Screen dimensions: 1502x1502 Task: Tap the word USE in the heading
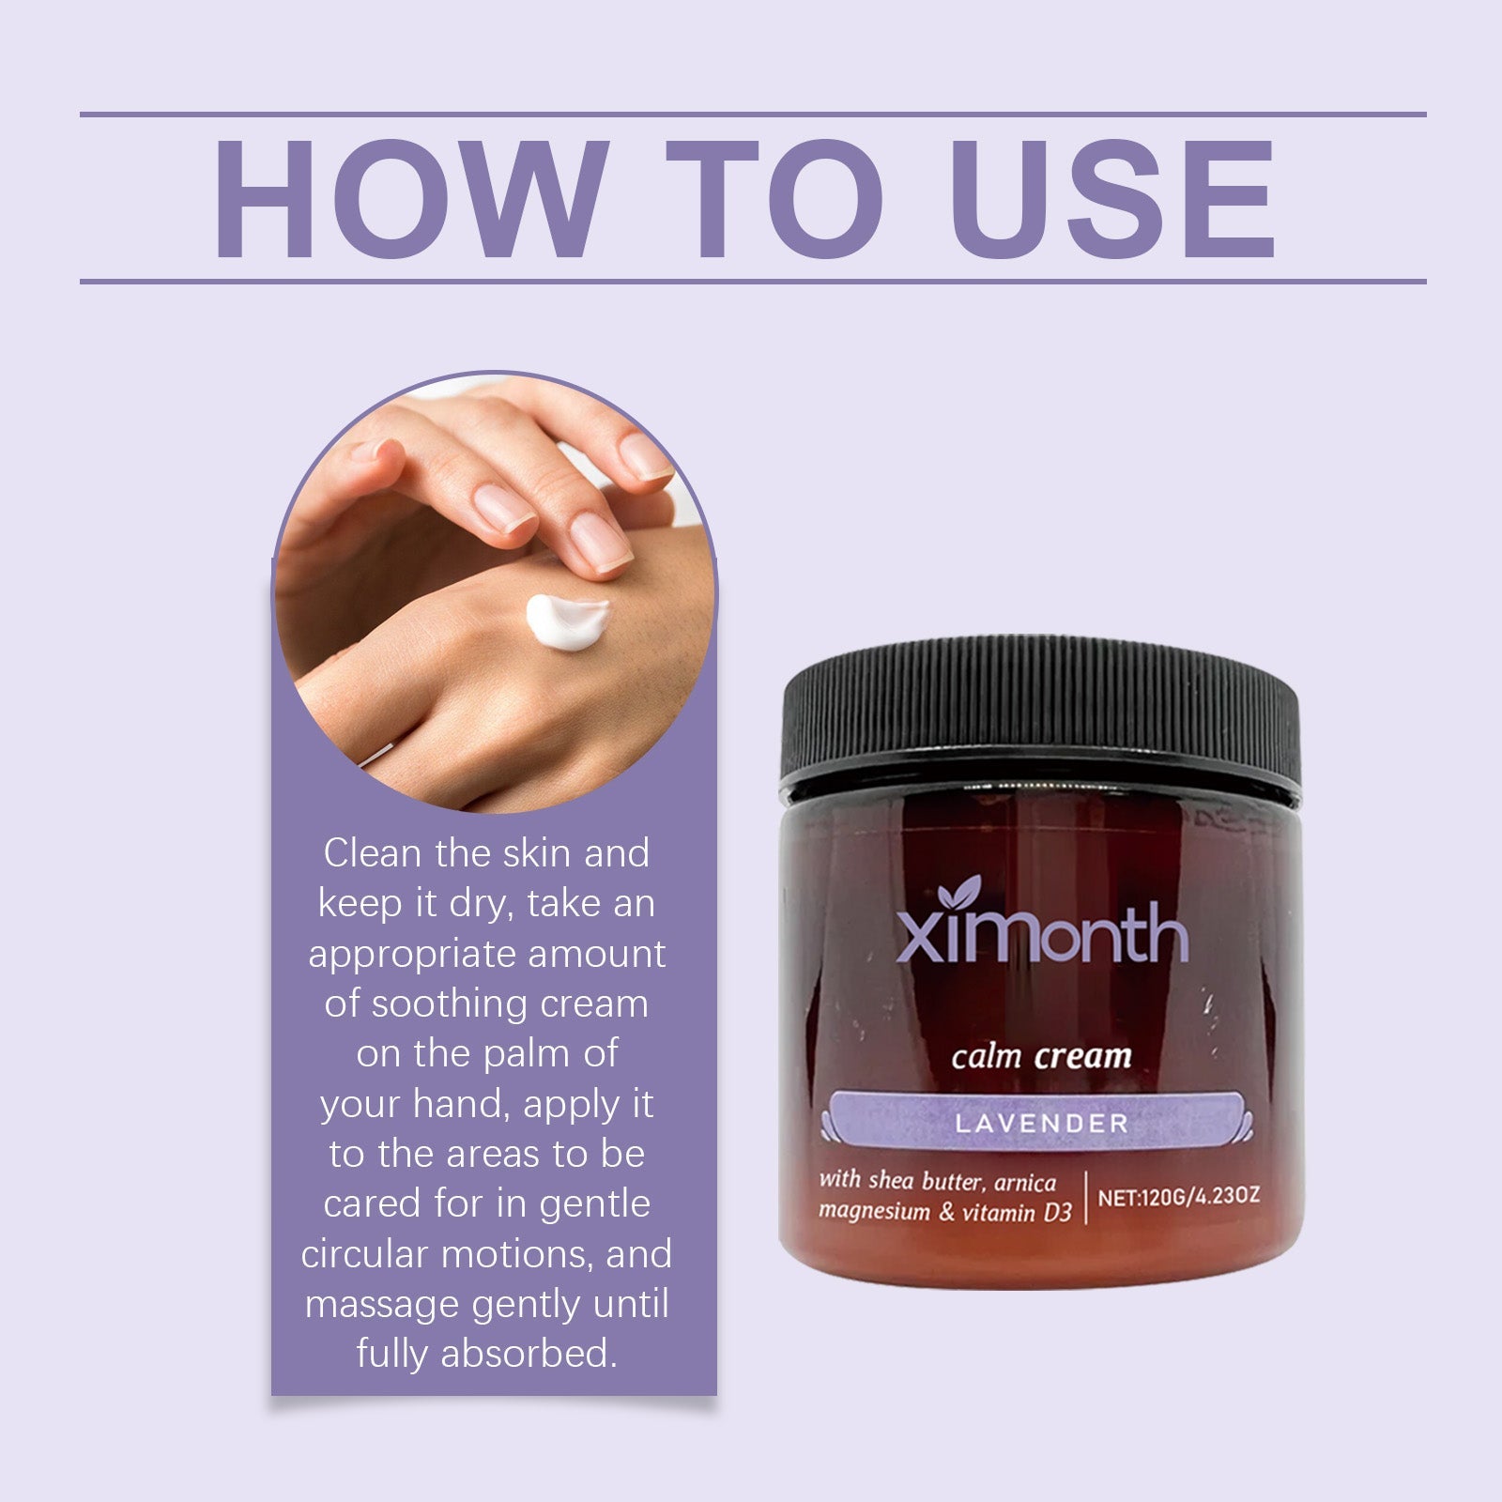point(1111,199)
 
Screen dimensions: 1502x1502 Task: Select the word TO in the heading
point(775,199)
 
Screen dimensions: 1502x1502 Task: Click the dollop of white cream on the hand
point(566,620)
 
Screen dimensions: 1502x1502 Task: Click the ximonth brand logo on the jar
point(1042,933)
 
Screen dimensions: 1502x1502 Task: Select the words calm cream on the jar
point(1041,1056)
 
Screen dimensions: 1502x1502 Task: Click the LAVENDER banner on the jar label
point(1041,1123)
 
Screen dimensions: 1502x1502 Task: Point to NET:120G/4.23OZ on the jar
point(1178,1198)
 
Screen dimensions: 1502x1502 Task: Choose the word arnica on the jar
point(1025,1182)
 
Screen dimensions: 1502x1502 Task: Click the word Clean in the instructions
point(373,853)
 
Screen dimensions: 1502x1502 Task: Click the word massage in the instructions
point(382,1305)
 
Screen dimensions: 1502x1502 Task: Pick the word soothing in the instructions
point(438,1004)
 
